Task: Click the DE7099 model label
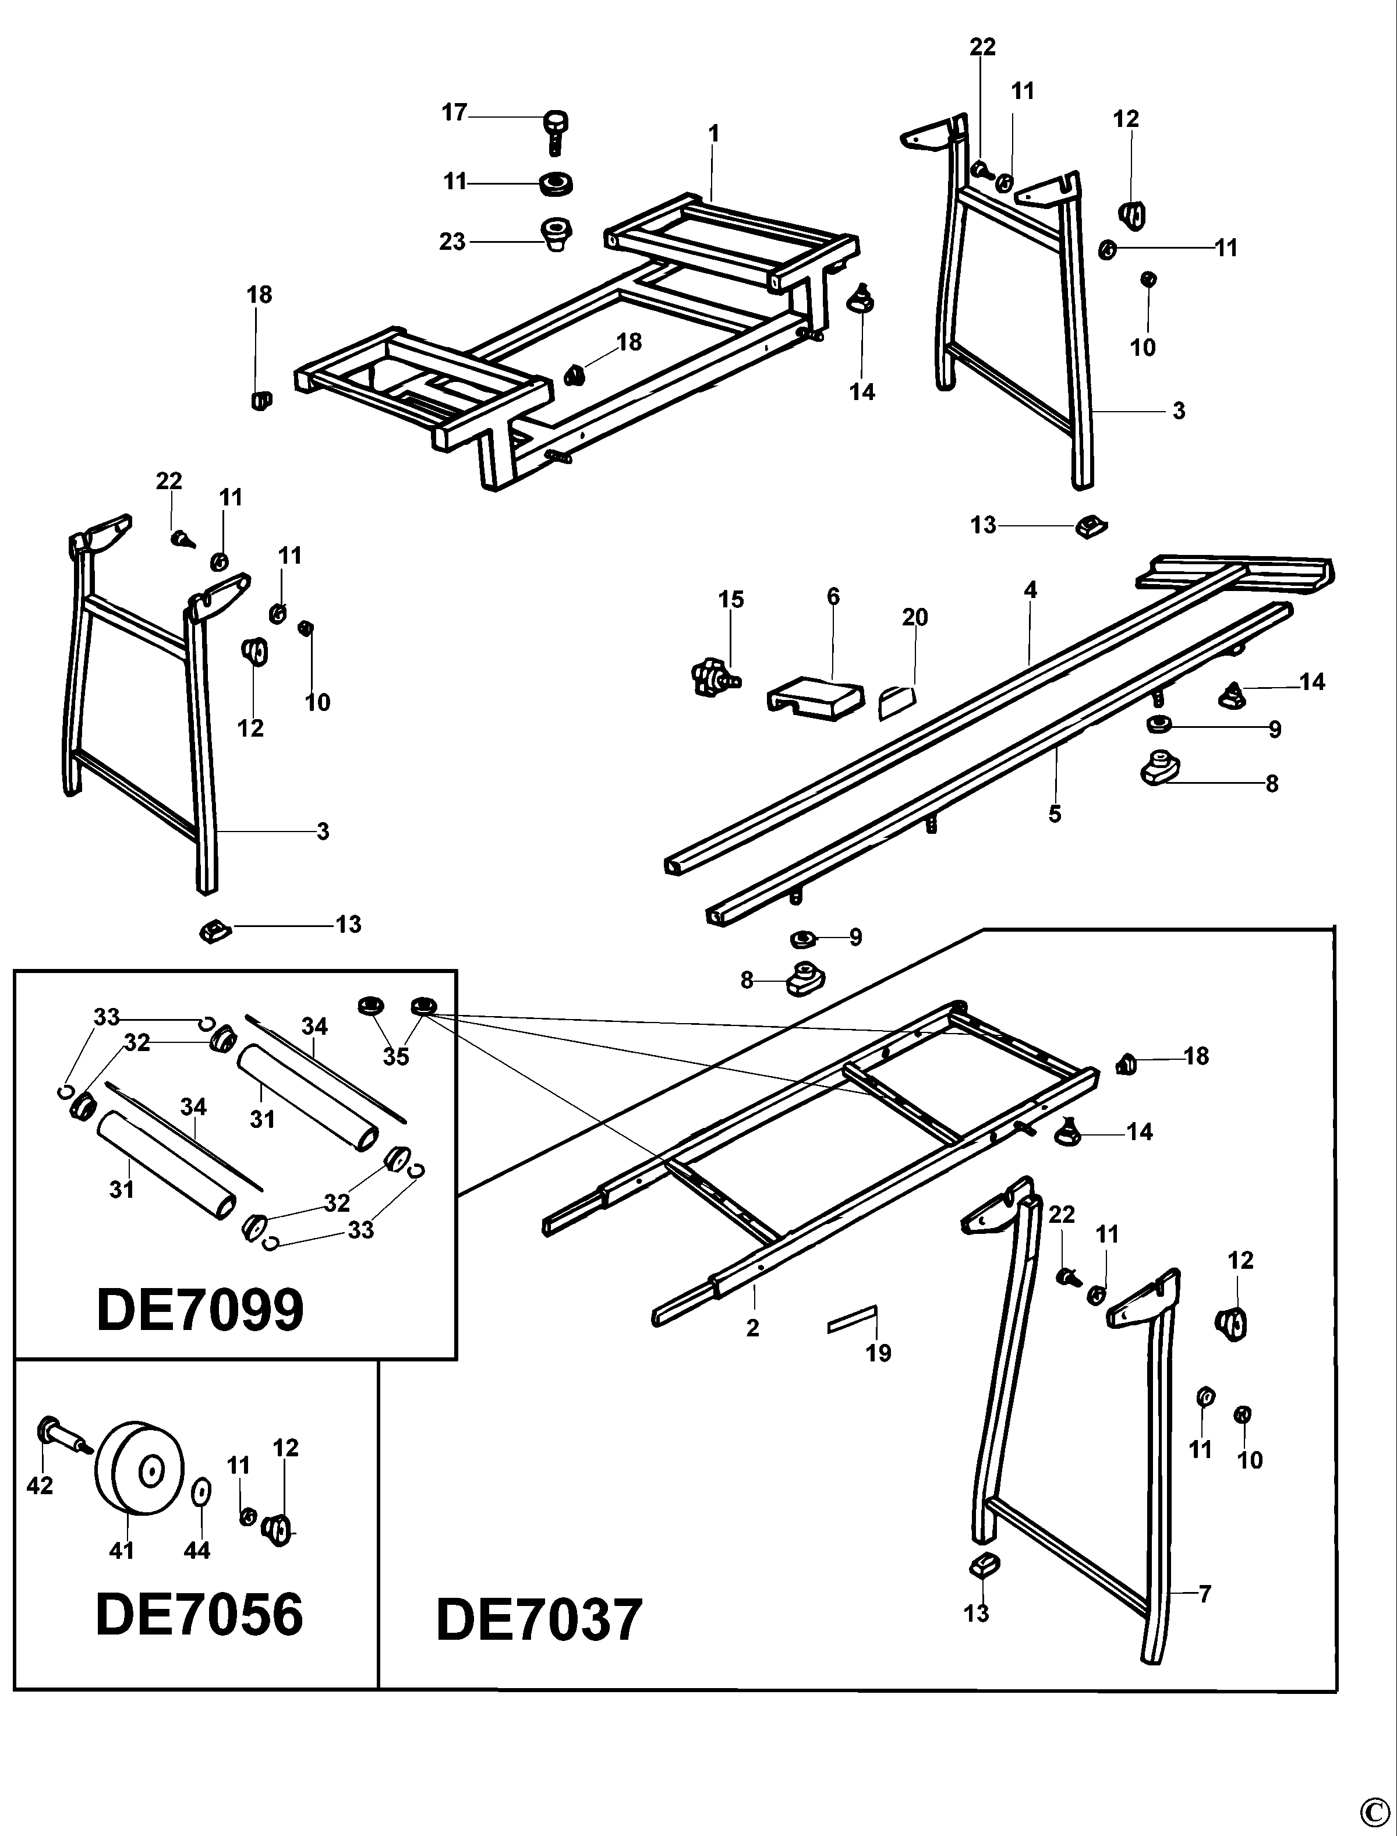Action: pos(200,1311)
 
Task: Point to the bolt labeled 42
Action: pos(58,1435)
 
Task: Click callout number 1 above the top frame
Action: pos(713,133)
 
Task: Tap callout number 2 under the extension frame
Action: pos(752,1328)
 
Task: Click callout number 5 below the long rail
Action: pos(1055,813)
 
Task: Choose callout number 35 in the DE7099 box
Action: pos(396,1056)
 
